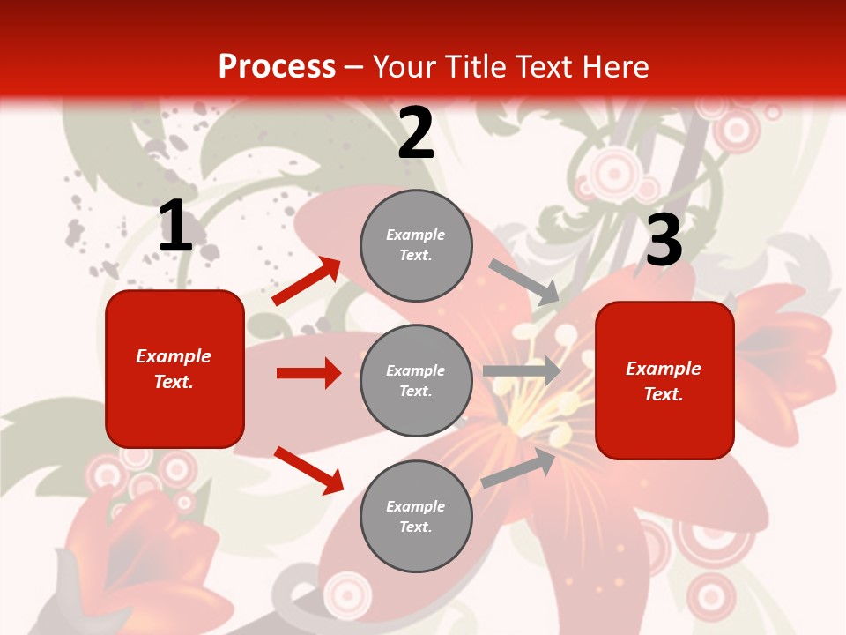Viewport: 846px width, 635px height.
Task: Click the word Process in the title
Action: tap(277, 66)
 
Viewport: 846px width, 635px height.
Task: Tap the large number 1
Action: tap(175, 227)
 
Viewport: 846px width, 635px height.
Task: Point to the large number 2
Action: tap(416, 132)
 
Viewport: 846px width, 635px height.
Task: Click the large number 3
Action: tap(664, 241)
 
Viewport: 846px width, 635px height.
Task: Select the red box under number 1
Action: tap(174, 369)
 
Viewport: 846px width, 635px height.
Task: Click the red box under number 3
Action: tap(664, 380)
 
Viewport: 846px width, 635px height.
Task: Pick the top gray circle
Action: tap(416, 245)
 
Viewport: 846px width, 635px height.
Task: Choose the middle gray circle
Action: tap(416, 380)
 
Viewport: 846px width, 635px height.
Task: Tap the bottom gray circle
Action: tap(416, 516)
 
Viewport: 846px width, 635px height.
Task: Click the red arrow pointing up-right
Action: tap(307, 281)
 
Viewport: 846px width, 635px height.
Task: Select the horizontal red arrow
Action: tap(308, 373)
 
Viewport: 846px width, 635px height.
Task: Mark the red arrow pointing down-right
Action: tap(308, 470)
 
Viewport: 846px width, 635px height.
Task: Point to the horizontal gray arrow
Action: tap(522, 371)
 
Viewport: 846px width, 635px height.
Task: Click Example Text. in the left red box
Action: tap(174, 369)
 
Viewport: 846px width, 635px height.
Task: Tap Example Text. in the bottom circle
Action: tap(416, 516)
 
